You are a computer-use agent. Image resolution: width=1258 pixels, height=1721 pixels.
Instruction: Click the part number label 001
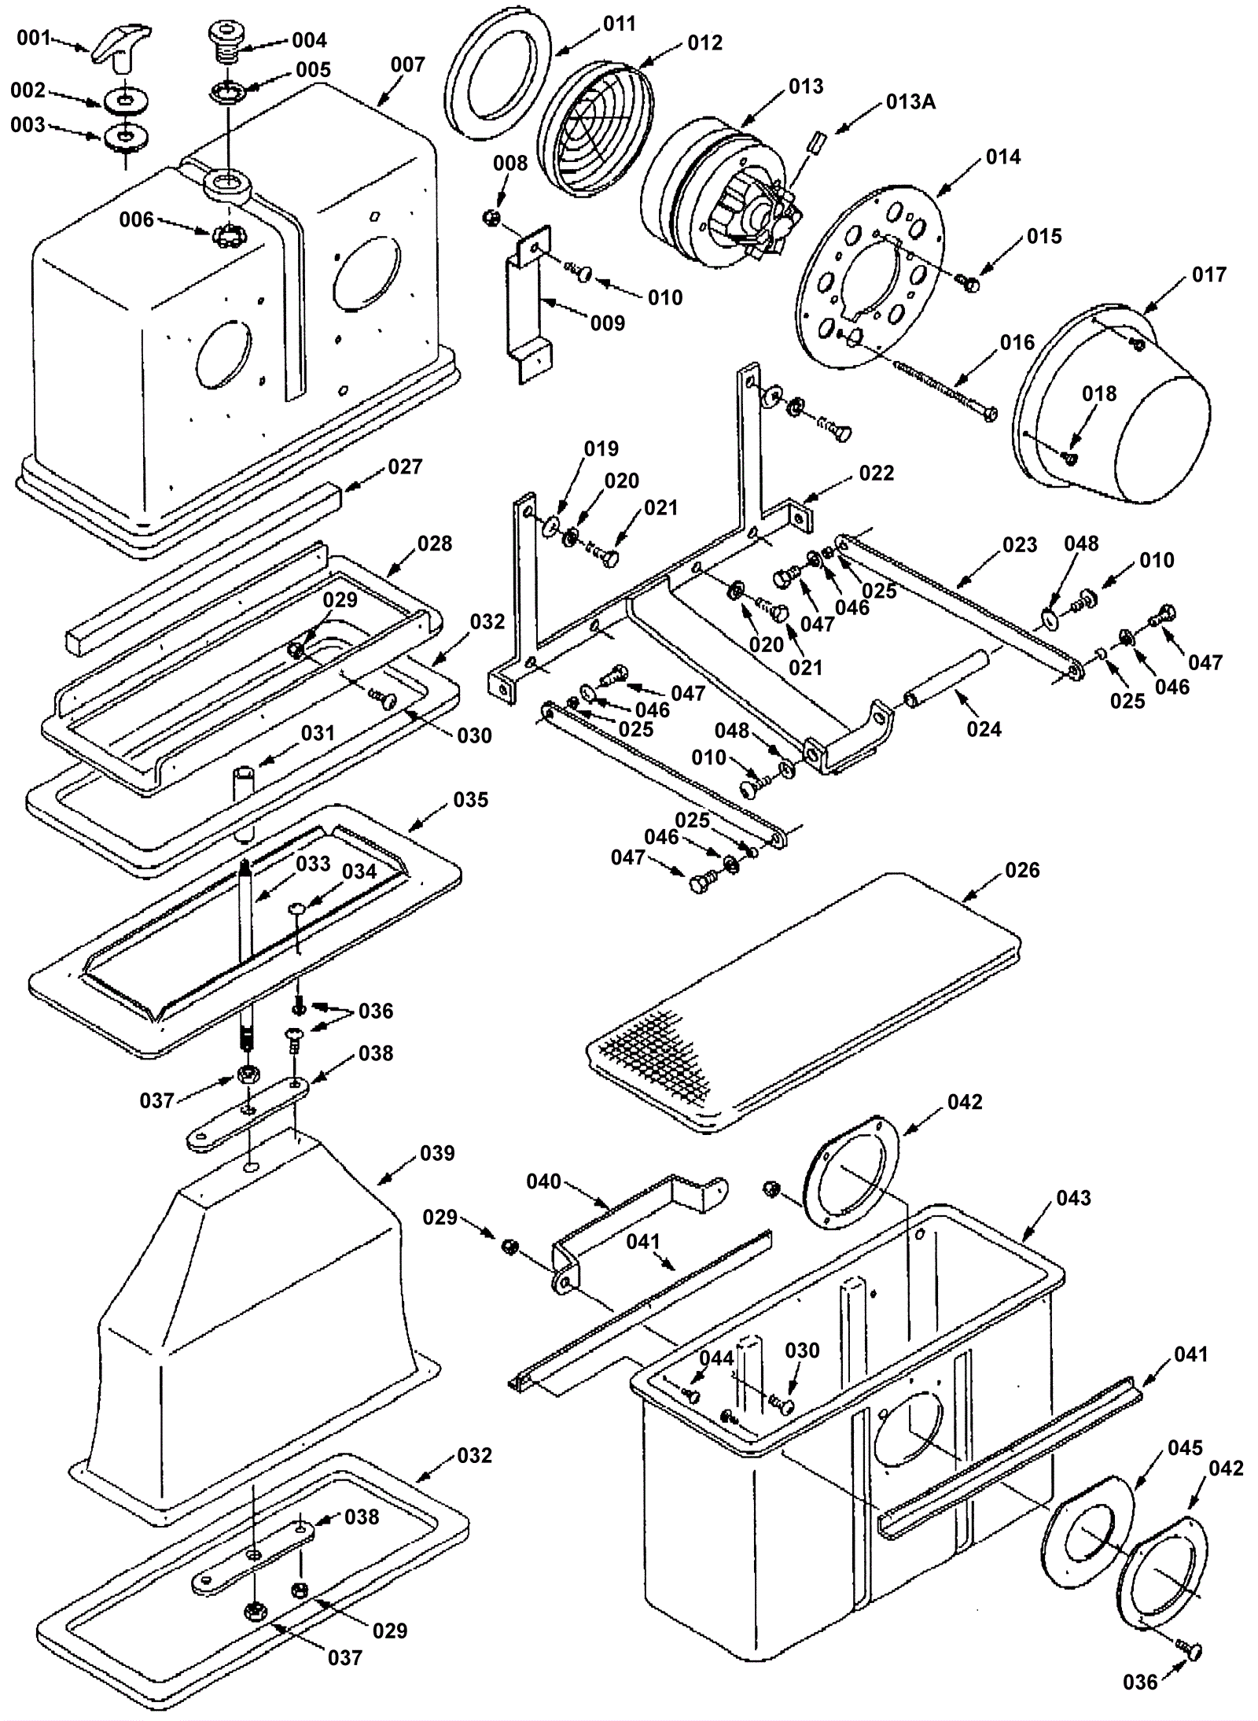pyautogui.click(x=33, y=38)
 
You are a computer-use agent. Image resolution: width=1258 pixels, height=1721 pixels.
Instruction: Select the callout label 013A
pyautogui.click(x=910, y=101)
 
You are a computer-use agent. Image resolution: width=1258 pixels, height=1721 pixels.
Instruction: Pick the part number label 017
pyautogui.click(x=1208, y=275)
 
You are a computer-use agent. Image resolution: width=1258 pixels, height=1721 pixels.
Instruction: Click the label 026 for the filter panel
pyautogui.click(x=1022, y=869)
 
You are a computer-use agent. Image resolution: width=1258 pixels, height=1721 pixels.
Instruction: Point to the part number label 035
pyautogui.click(x=470, y=799)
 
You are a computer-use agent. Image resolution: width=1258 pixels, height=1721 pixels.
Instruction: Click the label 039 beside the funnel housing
pyautogui.click(x=437, y=1153)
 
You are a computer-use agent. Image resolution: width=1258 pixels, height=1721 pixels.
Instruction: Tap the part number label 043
pyautogui.click(x=1073, y=1198)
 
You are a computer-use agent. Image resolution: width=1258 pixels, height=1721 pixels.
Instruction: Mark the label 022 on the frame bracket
pyautogui.click(x=876, y=473)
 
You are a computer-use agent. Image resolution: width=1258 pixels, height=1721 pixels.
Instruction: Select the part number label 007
pyautogui.click(x=407, y=64)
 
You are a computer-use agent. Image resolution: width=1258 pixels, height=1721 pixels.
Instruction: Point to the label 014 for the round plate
pyautogui.click(x=1003, y=157)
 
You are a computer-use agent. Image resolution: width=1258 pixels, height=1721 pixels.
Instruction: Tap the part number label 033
pyautogui.click(x=313, y=864)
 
